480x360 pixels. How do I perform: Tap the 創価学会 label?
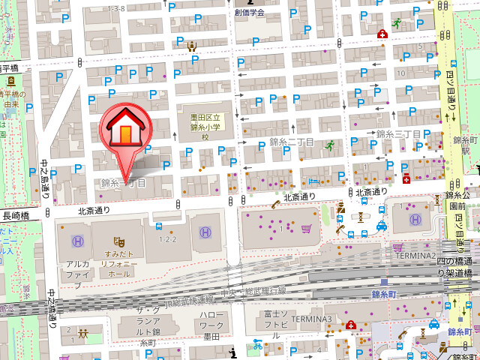click(x=249, y=13)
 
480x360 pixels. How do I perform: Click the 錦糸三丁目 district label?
click(x=399, y=134)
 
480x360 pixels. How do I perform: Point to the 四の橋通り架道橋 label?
click(x=454, y=267)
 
